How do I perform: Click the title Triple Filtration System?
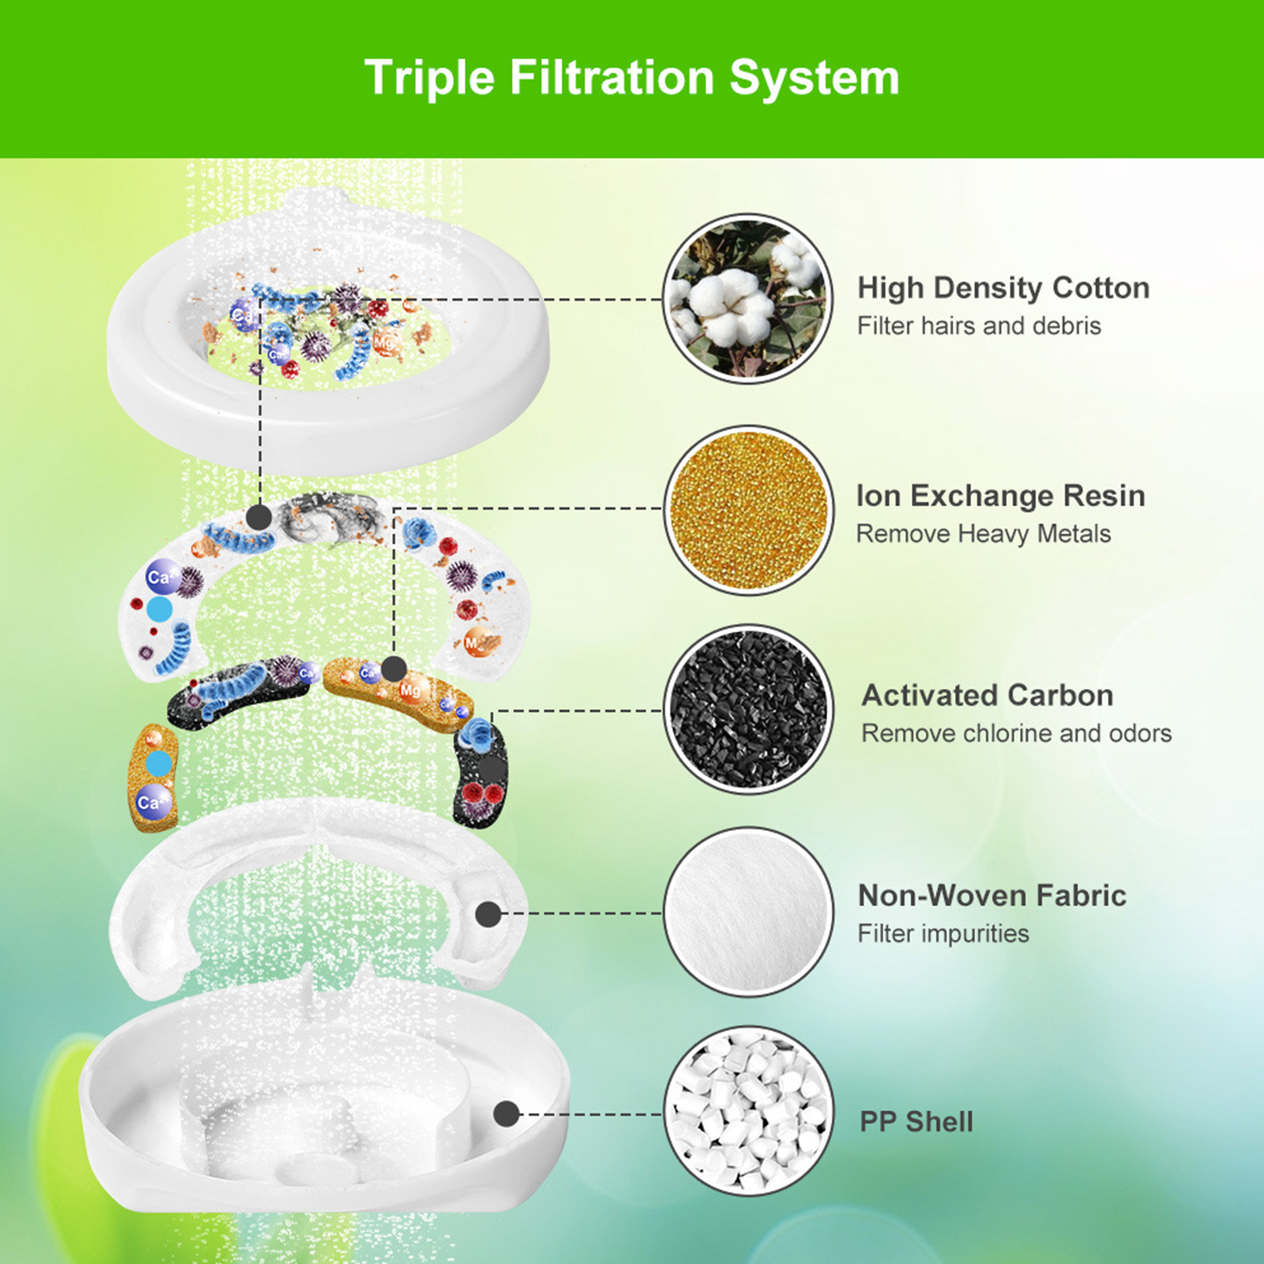[x=632, y=77]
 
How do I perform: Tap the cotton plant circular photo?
[x=748, y=299]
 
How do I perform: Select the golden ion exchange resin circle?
[x=748, y=510]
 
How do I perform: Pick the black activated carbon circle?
[x=748, y=709]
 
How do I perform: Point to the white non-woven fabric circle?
[x=748, y=912]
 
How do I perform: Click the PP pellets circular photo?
[x=748, y=1112]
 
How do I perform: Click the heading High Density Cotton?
[x=1003, y=288]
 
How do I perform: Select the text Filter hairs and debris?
[x=979, y=325]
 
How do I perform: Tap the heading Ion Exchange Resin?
[x=1001, y=495]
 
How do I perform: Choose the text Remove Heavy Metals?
[x=984, y=533]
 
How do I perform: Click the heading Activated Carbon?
[x=987, y=695]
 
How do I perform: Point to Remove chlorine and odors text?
[x=1017, y=733]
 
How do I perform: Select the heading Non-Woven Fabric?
[x=992, y=895]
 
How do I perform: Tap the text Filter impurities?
[x=943, y=933]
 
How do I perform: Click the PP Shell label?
[x=916, y=1122]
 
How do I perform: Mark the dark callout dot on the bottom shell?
[x=506, y=1115]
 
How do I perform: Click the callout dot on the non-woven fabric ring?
[x=488, y=914]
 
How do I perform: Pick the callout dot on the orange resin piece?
[x=393, y=669]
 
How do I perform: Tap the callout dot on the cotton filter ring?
[x=259, y=517]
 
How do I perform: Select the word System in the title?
[x=814, y=78]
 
